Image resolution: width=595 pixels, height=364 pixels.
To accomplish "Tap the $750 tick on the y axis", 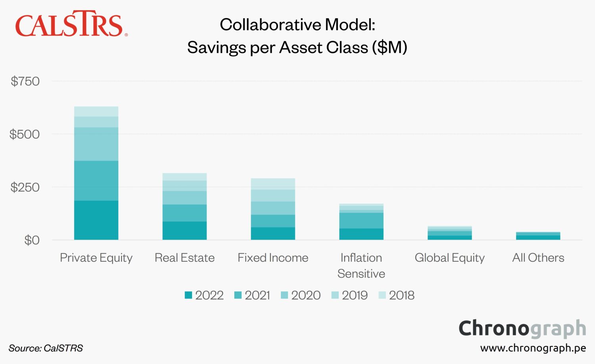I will click(25, 81).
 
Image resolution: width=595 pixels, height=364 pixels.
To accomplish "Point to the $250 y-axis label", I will click(25, 187).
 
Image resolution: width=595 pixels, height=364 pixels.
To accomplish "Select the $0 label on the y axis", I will click(32, 240).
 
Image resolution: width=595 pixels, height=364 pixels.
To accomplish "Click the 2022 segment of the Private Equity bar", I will click(96, 220).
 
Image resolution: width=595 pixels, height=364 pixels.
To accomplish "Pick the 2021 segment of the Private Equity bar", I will click(96, 181).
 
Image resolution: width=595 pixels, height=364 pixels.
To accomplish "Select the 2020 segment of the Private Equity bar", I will click(96, 144).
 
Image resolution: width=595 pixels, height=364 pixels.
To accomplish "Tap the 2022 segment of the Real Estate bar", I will click(184, 231).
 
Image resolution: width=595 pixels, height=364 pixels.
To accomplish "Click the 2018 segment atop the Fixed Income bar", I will click(273, 184).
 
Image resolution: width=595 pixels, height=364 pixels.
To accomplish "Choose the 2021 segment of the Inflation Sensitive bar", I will click(361, 221).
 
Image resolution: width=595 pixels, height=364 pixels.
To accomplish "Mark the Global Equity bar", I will click(450, 233).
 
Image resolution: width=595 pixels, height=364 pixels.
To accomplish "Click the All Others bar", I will click(538, 236).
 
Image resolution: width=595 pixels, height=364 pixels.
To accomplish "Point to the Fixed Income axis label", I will click(273, 258).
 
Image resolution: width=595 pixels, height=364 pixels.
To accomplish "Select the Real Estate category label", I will click(184, 258).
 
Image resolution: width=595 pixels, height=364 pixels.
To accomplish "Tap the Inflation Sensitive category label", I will click(361, 265).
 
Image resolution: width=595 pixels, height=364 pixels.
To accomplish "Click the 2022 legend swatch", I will click(188, 295).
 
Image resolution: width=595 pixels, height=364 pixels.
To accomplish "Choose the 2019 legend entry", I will click(349, 295).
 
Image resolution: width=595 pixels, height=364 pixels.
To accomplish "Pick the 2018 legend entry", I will click(396, 295).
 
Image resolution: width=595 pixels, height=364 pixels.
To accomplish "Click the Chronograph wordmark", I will click(522, 329).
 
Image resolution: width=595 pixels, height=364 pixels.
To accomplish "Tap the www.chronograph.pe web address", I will click(533, 348).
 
